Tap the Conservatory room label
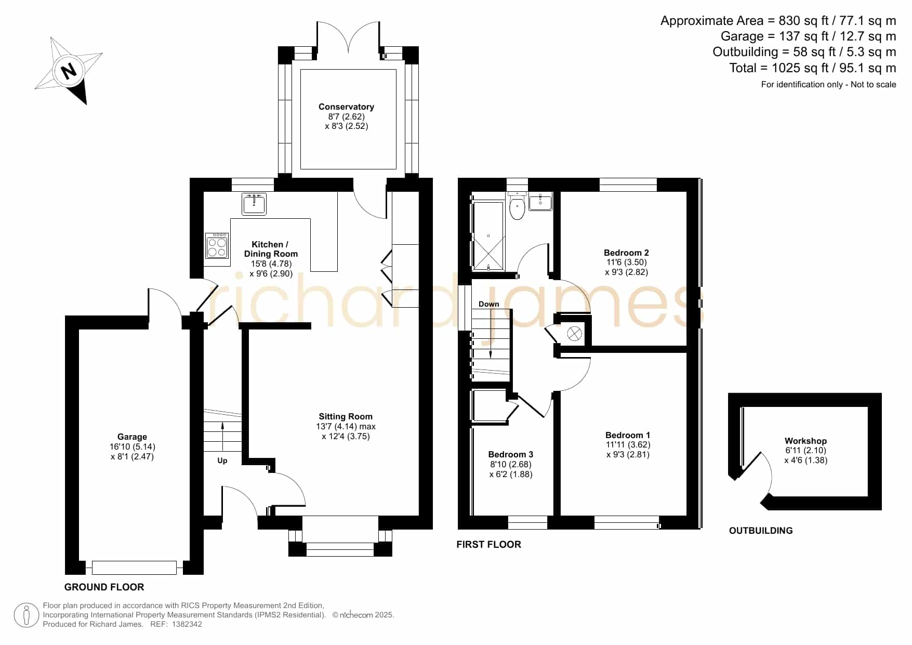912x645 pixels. pyautogui.click(x=346, y=107)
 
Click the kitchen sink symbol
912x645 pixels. pyautogui.click(x=254, y=204)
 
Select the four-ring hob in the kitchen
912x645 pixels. pyautogui.click(x=217, y=246)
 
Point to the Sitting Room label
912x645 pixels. pyautogui.click(x=346, y=416)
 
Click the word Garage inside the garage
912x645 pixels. pyautogui.click(x=132, y=437)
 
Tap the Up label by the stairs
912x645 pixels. pyautogui.click(x=222, y=461)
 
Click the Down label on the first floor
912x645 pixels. pyautogui.click(x=489, y=304)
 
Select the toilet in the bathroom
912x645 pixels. pyautogui.click(x=517, y=206)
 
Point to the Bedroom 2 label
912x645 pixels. pyautogui.click(x=626, y=253)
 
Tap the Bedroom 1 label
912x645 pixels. pyautogui.click(x=628, y=435)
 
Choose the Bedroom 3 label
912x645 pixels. pyautogui.click(x=511, y=455)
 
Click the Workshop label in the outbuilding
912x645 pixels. pyautogui.click(x=805, y=441)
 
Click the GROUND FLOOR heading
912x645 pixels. pyautogui.click(x=104, y=587)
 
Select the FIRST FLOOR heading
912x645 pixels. pyautogui.click(x=488, y=545)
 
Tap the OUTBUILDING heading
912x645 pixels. pyautogui.click(x=761, y=531)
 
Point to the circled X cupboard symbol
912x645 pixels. pyautogui.click(x=574, y=334)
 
